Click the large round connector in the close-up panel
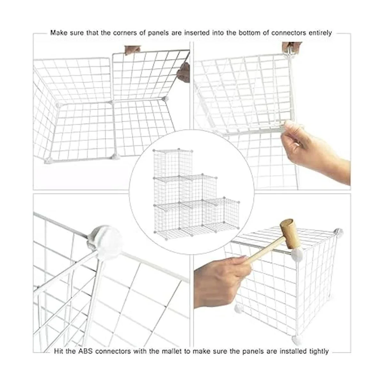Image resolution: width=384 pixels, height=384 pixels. click(108, 238)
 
